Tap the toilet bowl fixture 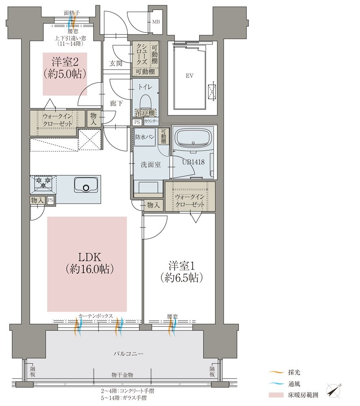pos(145,101)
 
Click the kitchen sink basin pos(86,186)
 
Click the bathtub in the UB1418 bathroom pos(193,138)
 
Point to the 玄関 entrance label pos(115,63)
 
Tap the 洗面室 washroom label pos(150,165)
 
